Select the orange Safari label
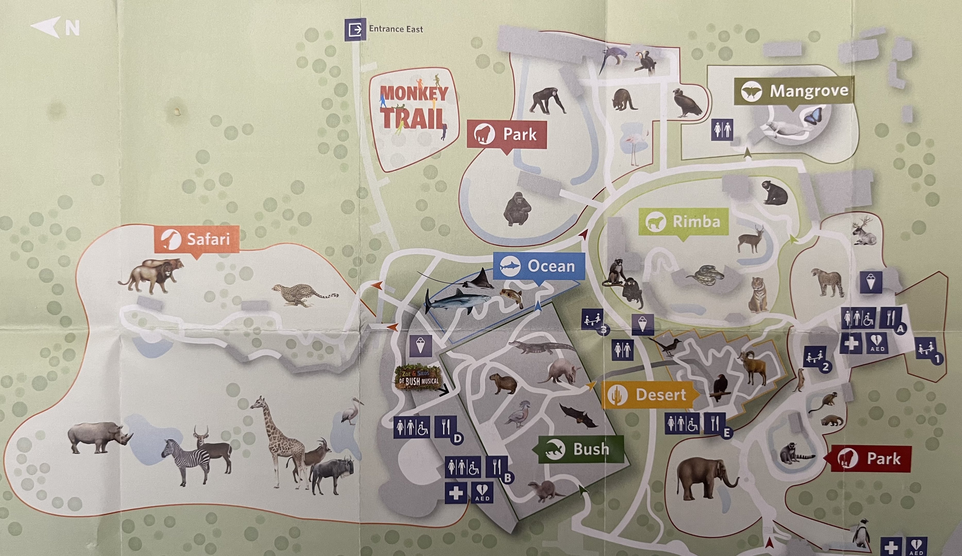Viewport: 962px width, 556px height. (197, 239)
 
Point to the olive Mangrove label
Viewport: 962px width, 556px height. (794, 91)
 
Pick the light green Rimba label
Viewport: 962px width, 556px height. (683, 221)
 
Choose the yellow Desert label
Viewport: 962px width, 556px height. (649, 395)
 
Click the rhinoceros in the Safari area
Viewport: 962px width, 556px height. (99, 437)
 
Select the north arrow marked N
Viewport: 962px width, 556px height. (55, 28)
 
